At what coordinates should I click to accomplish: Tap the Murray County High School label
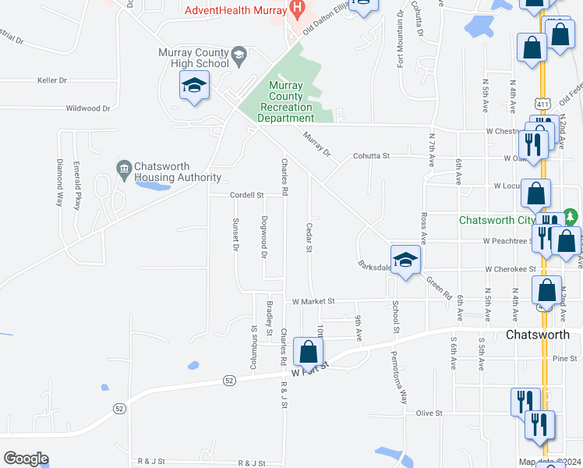pyautogui.click(x=193, y=57)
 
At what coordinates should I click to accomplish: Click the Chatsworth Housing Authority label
pyautogui.click(x=177, y=172)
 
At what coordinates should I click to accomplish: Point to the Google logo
pyautogui.click(x=26, y=459)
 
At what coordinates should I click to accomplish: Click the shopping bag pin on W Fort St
pyautogui.click(x=309, y=352)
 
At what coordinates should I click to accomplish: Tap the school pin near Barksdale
pyautogui.click(x=405, y=260)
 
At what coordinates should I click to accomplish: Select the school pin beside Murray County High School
pyautogui.click(x=193, y=85)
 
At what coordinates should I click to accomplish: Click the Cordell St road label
pyautogui.click(x=247, y=195)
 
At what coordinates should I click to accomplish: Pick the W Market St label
pyautogui.click(x=313, y=301)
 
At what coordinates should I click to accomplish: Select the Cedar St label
pyautogui.click(x=309, y=237)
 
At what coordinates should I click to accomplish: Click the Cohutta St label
pyautogui.click(x=371, y=156)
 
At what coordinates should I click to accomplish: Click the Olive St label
pyautogui.click(x=429, y=413)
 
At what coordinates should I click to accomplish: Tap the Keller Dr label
pyautogui.click(x=52, y=80)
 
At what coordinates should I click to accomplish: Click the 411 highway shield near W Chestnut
pyautogui.click(x=542, y=102)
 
